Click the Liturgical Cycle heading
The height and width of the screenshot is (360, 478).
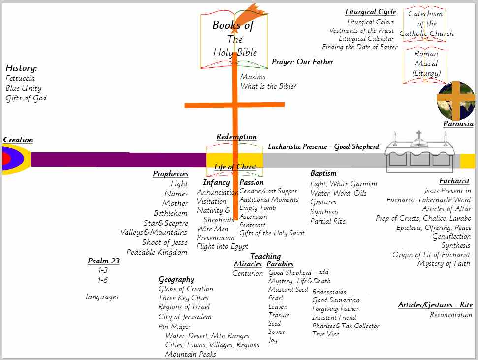pyautogui.click(x=370, y=12)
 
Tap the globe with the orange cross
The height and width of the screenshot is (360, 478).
pyautogui.click(x=456, y=100)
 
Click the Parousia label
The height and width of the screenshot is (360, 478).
pyautogui.click(x=458, y=124)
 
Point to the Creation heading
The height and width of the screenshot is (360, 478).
pyautogui.click(x=18, y=140)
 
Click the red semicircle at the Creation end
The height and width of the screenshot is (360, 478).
pyautogui.click(x=5, y=159)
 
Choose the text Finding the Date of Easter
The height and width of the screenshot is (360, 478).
pyautogui.click(x=359, y=47)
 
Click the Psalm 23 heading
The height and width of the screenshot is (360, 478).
pyautogui.click(x=103, y=261)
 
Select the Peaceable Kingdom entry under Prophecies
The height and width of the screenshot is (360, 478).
pyautogui.click(x=157, y=252)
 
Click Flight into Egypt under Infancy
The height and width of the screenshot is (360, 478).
pyautogui.click(x=223, y=246)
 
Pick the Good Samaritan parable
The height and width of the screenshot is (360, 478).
pyautogui.click(x=336, y=300)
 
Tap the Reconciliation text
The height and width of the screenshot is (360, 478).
pyautogui.click(x=451, y=315)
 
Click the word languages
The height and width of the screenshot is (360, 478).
pyautogui.click(x=102, y=297)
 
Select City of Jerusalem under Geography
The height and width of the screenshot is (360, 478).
pyautogui.click(x=185, y=317)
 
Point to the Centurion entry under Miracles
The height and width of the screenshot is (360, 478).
pyautogui.click(x=248, y=273)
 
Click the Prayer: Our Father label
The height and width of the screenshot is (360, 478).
pyautogui.click(x=302, y=62)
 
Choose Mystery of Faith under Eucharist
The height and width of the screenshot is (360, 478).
pyautogui.click(x=444, y=264)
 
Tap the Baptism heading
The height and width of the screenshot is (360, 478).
pyautogui.click(x=323, y=173)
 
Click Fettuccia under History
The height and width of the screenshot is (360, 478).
pyautogui.click(x=20, y=78)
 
